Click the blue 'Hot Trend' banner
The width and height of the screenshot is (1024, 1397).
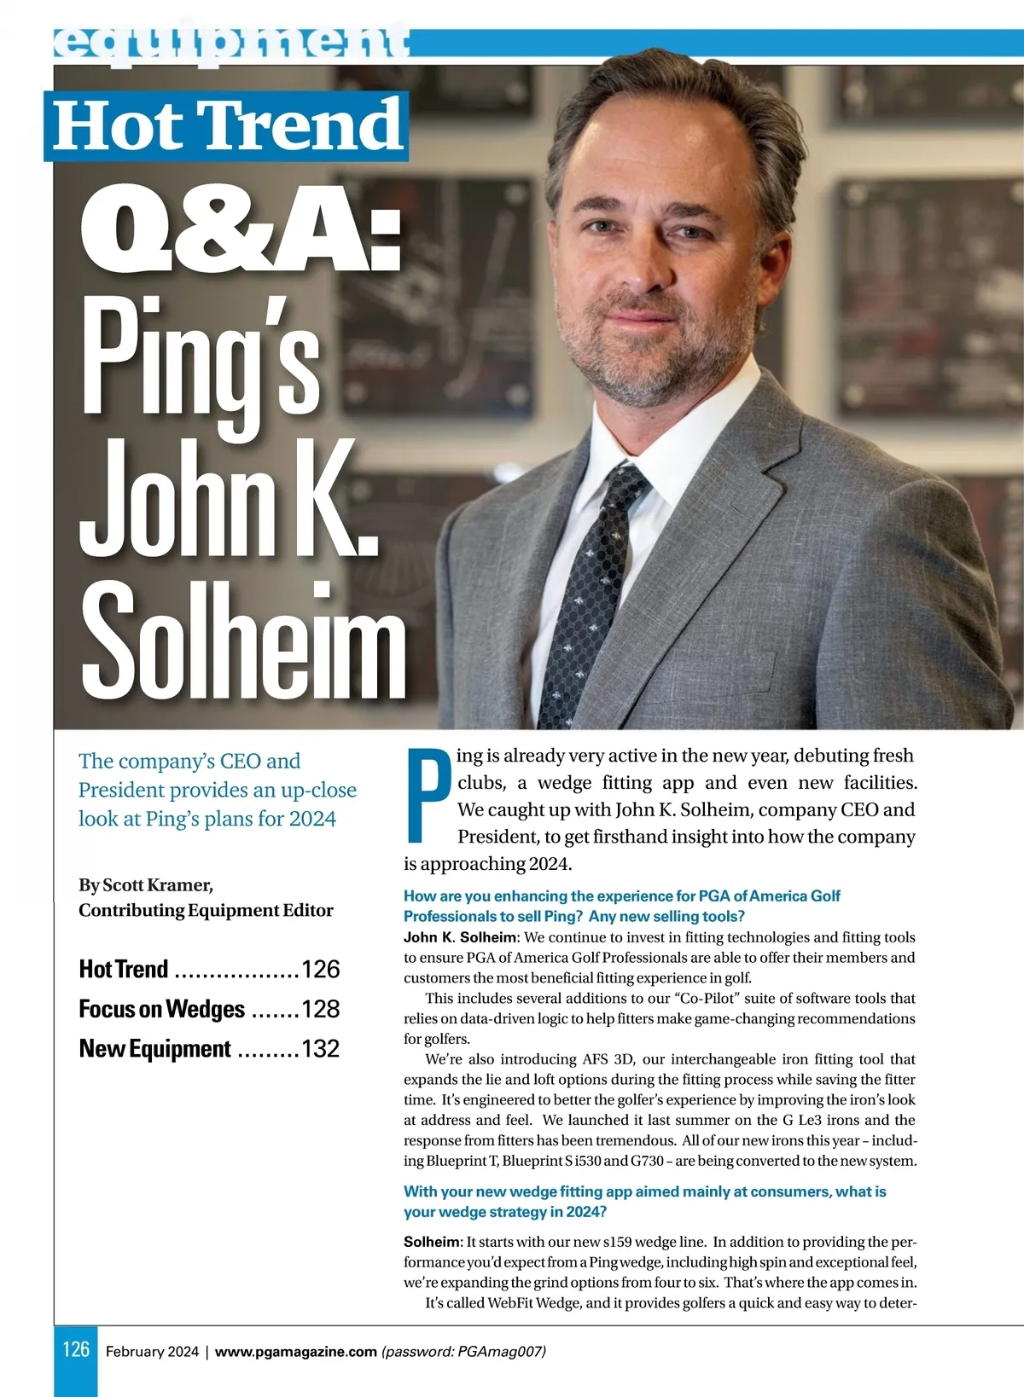(x=226, y=126)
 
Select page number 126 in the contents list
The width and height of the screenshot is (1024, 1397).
(x=321, y=970)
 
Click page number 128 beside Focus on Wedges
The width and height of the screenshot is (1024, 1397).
(x=321, y=1010)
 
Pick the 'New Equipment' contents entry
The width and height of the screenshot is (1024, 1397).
(x=155, y=1049)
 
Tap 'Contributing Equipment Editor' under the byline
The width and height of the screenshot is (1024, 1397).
(x=206, y=911)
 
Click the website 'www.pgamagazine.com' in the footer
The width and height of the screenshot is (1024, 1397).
(x=295, y=1352)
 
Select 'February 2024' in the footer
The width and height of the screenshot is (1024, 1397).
(x=152, y=1352)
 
